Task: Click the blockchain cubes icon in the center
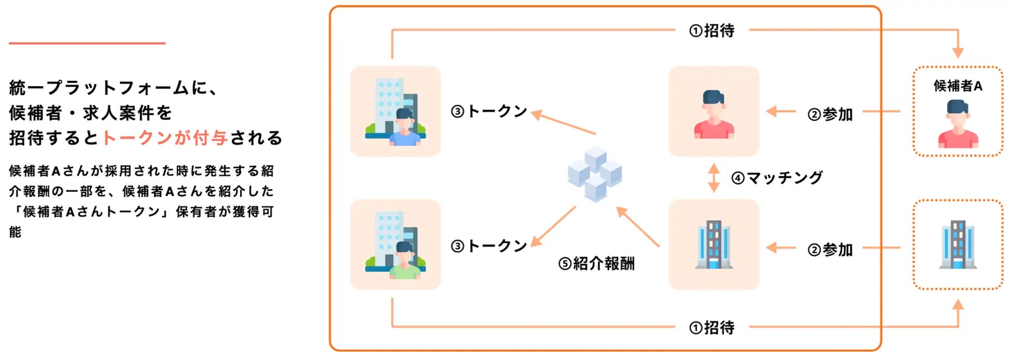pyautogui.click(x=595, y=174)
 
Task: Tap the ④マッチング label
pyautogui.click(x=777, y=178)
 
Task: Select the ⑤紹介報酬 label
pyautogui.click(x=596, y=264)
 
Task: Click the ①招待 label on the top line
pyautogui.click(x=712, y=31)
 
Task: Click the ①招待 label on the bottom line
pyautogui.click(x=712, y=327)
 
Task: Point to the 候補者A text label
pyautogui.click(x=958, y=86)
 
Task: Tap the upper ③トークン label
pyautogui.click(x=489, y=111)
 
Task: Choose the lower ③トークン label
pyautogui.click(x=489, y=245)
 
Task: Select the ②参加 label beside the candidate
pyautogui.click(x=830, y=114)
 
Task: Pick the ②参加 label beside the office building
pyautogui.click(x=830, y=250)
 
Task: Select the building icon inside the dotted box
pyautogui.click(x=958, y=244)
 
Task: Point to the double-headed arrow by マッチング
pyautogui.click(x=714, y=178)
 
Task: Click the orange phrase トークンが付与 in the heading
pyautogui.click(x=165, y=137)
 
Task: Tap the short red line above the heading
pyautogui.click(x=87, y=43)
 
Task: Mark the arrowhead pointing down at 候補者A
pyautogui.click(x=958, y=52)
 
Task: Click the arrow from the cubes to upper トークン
pyautogui.click(x=564, y=123)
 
